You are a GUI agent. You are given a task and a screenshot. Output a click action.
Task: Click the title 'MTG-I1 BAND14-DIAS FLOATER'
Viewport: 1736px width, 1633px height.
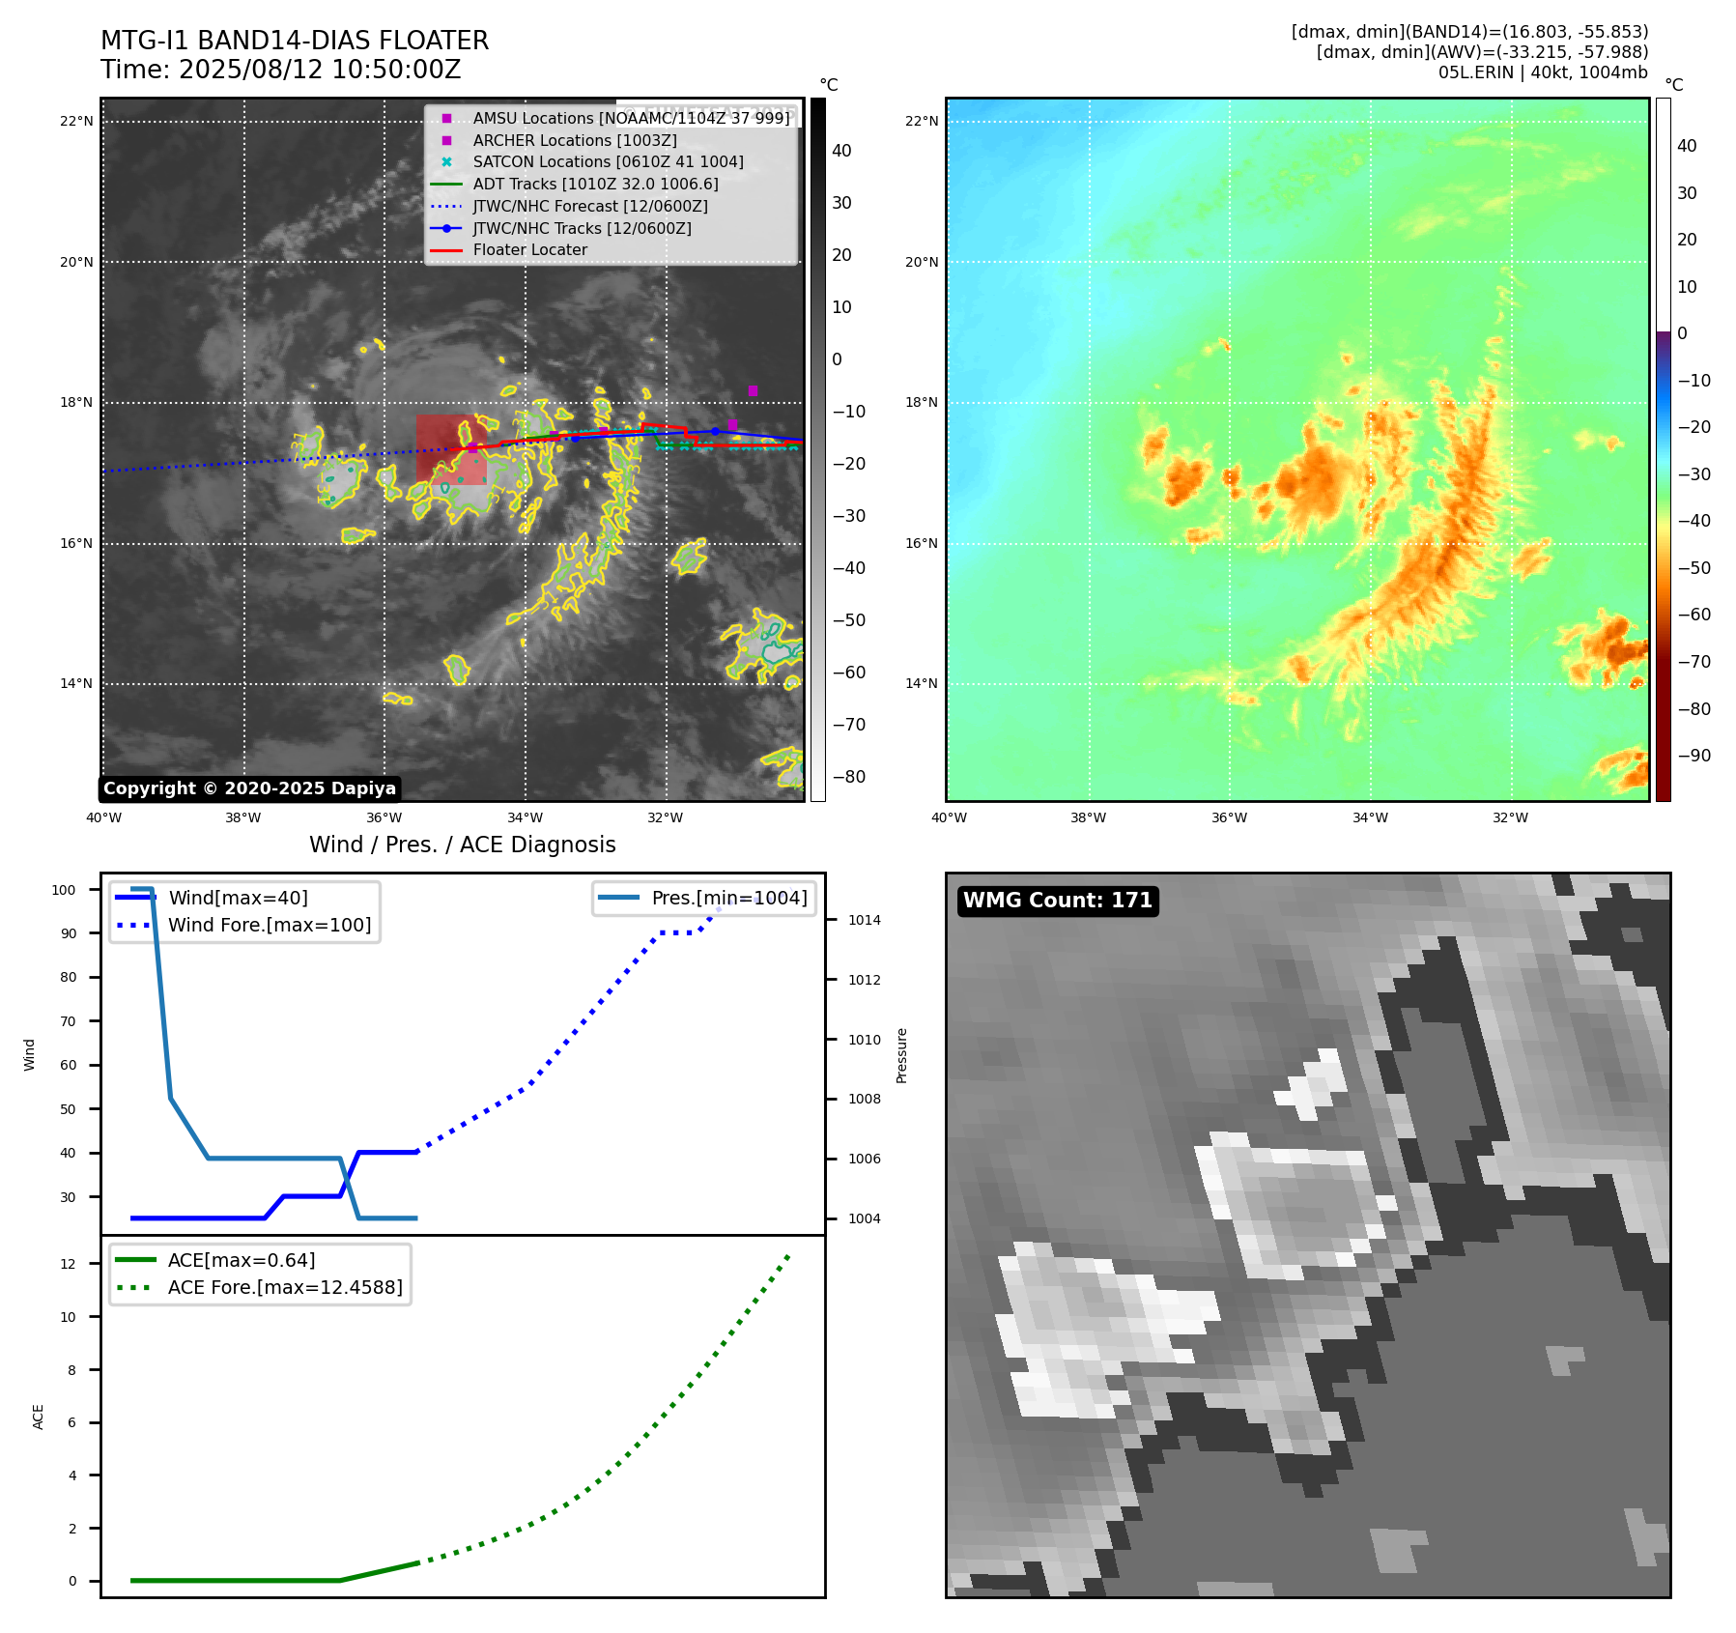pos(295,41)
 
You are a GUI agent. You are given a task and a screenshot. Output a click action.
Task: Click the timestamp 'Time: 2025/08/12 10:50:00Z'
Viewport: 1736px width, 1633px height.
pos(280,70)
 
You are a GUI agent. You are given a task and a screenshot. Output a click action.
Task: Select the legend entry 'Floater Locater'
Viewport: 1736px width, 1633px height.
pos(529,249)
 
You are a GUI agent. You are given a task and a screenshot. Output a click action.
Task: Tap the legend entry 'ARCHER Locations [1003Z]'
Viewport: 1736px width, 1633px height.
pos(574,140)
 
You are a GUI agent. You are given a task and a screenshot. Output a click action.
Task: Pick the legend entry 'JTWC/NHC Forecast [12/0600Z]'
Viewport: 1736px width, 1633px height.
pos(589,206)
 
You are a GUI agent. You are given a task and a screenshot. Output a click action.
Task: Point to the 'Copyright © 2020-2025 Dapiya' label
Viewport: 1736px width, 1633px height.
pos(249,788)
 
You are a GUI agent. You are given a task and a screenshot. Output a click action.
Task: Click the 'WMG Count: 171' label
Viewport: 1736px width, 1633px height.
pos(1057,901)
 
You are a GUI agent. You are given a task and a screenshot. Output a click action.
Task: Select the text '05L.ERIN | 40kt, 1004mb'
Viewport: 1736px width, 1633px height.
pos(1543,72)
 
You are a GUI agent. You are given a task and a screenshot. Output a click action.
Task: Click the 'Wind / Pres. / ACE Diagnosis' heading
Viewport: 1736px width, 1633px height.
pos(462,845)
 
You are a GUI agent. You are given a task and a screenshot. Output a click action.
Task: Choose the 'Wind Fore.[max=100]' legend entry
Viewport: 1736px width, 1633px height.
pos(269,925)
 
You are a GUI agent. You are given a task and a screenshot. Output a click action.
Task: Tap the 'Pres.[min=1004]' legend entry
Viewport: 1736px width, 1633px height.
pos(728,898)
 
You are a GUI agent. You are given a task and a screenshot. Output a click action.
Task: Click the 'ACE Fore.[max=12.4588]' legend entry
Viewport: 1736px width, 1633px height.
pos(285,1287)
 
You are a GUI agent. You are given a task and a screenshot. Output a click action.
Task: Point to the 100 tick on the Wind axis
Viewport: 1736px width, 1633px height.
pos(64,890)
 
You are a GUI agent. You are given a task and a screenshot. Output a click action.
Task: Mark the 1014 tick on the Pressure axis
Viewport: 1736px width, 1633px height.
pos(864,920)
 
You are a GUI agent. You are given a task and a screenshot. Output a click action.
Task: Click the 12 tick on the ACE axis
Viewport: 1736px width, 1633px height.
pos(68,1264)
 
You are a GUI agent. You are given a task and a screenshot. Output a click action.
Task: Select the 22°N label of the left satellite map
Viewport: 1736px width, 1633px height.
pos(76,122)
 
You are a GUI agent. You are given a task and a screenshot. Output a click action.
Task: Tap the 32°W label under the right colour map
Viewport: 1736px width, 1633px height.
pos(1510,817)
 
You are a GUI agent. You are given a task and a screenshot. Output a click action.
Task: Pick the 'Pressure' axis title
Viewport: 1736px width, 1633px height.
pos(901,1055)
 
